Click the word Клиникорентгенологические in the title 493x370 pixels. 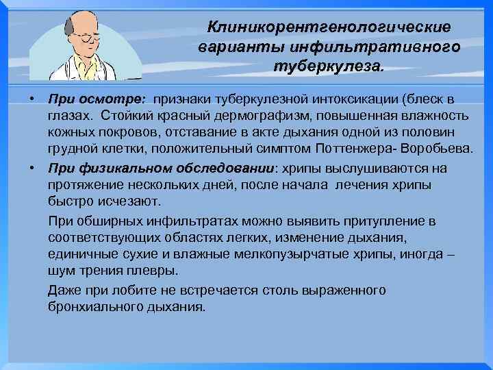click(x=329, y=27)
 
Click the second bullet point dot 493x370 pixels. click(x=32, y=167)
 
